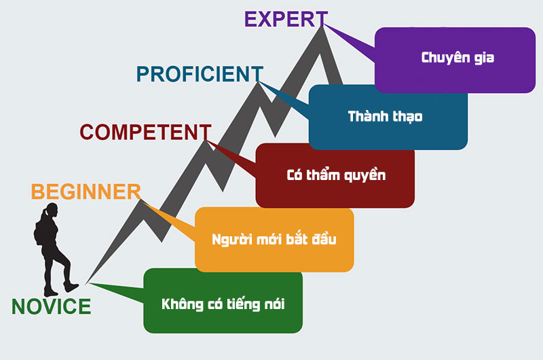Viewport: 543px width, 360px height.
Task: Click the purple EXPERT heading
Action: point(286,19)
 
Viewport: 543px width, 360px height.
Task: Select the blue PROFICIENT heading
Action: point(200,74)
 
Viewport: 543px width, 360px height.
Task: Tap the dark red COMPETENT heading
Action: point(145,132)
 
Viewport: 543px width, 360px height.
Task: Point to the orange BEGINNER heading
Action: point(86,192)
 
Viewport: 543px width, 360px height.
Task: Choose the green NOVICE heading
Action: point(52,306)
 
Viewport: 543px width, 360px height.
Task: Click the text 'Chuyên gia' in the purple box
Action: point(457,58)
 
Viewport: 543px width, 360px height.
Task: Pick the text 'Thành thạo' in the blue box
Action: point(385,116)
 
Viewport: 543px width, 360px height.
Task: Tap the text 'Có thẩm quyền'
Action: point(336,175)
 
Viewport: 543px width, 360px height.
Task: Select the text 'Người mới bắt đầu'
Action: point(274,239)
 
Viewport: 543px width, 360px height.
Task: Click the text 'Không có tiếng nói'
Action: point(223,304)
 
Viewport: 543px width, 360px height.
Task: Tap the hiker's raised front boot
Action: point(71,287)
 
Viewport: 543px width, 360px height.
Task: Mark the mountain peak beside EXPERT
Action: point(322,27)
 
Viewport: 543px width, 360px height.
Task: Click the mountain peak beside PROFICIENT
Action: point(259,82)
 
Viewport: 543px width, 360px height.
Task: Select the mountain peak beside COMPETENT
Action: point(206,141)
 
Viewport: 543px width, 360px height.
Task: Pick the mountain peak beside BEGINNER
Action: point(141,200)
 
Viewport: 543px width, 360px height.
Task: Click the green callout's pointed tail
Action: point(90,283)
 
